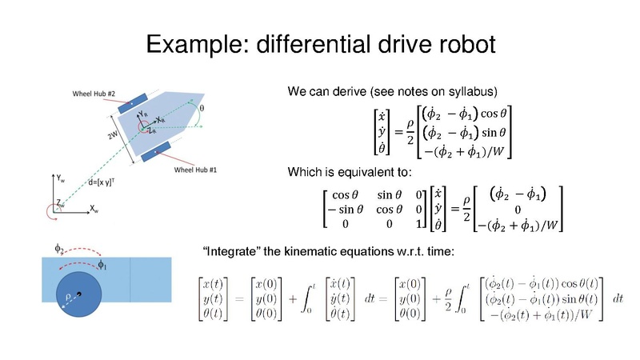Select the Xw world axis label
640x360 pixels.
94,209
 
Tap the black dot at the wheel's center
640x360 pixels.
79,296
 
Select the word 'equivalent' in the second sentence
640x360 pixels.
357,172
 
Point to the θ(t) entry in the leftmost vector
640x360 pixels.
214,314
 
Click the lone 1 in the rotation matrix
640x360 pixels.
418,226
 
